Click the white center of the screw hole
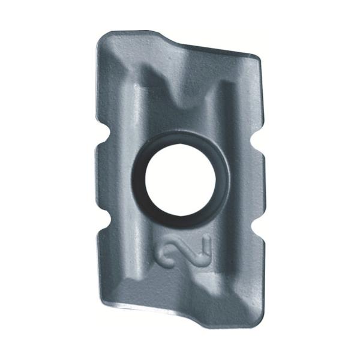(181, 177)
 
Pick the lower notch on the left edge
(107, 221)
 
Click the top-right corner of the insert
(257, 58)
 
